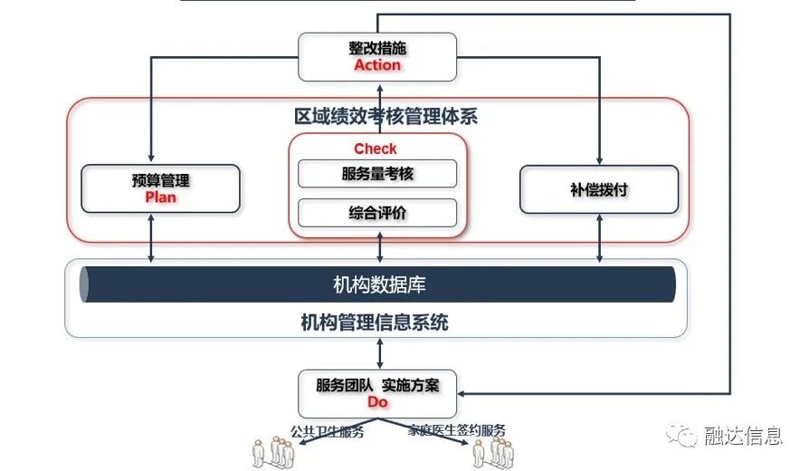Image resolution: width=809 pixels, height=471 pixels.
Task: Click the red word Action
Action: click(x=378, y=65)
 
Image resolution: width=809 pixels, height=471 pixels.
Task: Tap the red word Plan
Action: click(x=161, y=197)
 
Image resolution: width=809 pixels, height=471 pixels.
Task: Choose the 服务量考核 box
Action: click(x=378, y=173)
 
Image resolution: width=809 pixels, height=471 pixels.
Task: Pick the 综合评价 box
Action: click(x=378, y=213)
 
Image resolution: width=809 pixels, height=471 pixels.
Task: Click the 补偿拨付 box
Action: click(x=599, y=189)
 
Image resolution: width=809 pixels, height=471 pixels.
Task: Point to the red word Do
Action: click(x=378, y=401)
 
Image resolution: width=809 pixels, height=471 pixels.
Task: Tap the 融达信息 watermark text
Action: click(x=742, y=437)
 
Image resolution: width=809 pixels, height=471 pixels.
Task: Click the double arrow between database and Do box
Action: click(x=379, y=353)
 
